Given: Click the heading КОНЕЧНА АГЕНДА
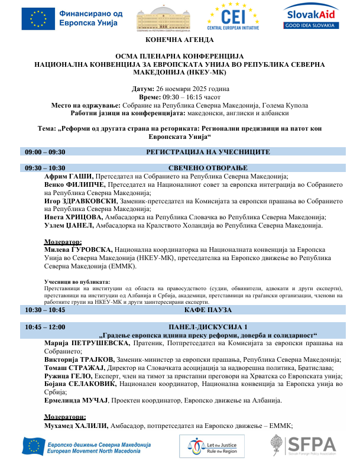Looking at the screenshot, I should click(180, 39).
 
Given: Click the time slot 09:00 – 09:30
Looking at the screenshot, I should click(45, 152).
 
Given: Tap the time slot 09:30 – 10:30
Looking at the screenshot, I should click(45, 168).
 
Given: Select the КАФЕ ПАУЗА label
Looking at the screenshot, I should click(207, 310).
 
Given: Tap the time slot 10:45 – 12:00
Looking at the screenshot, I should click(45, 326).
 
